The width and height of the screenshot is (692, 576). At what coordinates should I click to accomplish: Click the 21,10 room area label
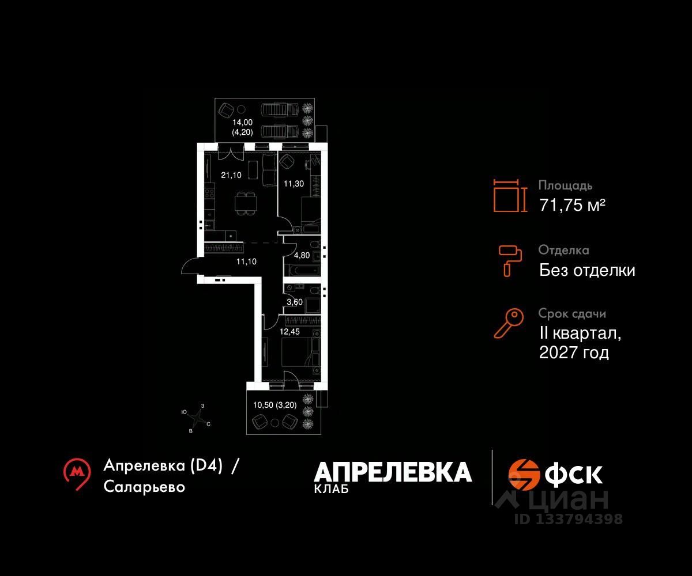coord(231,175)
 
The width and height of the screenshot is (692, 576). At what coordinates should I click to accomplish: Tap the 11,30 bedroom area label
coord(294,184)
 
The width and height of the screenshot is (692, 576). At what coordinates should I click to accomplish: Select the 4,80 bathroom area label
coord(302,255)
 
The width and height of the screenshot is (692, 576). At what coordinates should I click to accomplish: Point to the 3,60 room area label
coord(295,302)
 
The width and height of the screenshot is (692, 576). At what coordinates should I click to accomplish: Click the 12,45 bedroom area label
coord(289,332)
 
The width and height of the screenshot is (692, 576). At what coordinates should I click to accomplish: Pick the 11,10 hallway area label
coord(246,262)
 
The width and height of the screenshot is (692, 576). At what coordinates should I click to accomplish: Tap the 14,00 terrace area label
coord(242,123)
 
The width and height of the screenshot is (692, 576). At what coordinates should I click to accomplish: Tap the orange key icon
coord(509,323)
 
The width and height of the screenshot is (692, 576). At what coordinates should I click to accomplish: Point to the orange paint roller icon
coord(510,261)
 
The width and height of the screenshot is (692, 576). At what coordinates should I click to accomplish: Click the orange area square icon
coord(510,196)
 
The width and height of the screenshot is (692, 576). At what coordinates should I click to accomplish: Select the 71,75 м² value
coord(573,205)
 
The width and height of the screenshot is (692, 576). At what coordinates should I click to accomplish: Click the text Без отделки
coord(587,270)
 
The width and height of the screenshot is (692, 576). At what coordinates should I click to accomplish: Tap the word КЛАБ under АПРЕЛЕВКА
coord(332,489)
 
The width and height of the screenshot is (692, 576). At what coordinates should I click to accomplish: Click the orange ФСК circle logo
coord(524,475)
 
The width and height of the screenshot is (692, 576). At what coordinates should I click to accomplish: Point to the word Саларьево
coord(144,487)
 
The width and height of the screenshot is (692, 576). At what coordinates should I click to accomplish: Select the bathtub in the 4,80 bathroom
coord(303,270)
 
